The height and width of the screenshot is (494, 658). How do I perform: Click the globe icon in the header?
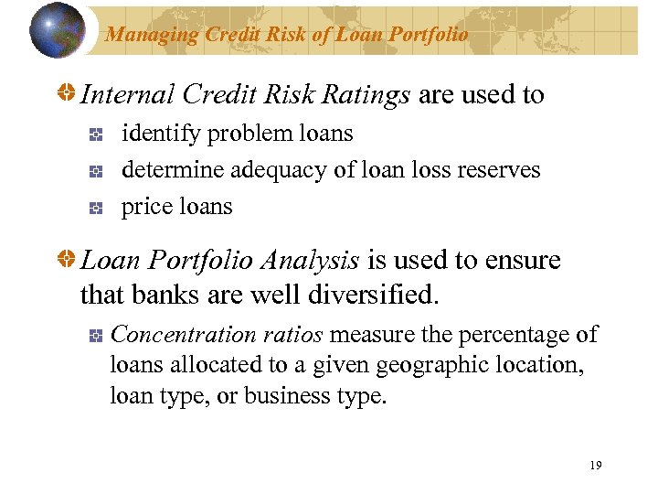point(58,30)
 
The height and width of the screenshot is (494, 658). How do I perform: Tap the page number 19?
point(596,466)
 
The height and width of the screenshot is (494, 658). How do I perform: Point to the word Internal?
point(128,95)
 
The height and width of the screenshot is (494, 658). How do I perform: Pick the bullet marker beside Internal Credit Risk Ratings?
point(67,95)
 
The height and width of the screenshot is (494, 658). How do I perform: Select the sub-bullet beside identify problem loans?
point(95,134)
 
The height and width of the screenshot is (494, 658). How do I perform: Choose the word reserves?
point(501,170)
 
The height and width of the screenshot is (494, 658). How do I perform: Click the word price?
point(146,207)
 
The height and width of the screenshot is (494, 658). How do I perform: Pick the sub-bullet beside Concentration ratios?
point(95,336)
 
